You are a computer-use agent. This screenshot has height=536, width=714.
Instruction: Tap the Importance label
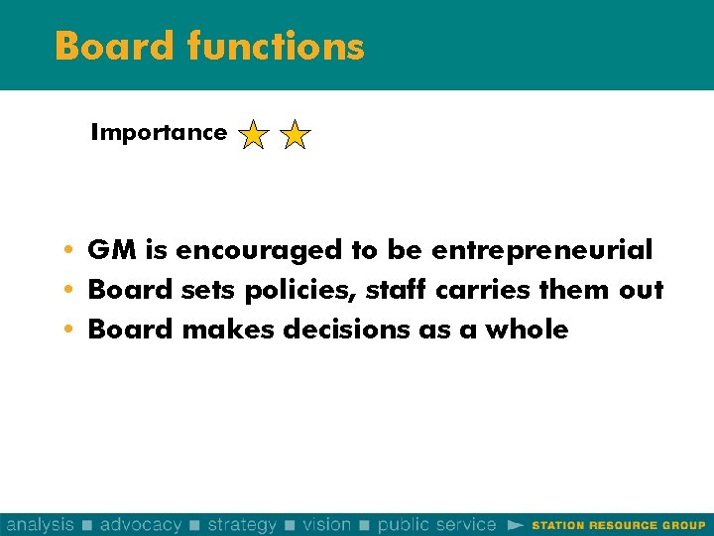[x=159, y=132]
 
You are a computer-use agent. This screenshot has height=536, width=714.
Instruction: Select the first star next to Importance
[x=254, y=134]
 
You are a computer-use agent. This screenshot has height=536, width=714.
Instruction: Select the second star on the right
[x=296, y=134]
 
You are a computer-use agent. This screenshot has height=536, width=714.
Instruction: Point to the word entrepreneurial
[x=541, y=250]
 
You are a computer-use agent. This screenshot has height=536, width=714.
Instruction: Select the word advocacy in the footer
[x=141, y=524]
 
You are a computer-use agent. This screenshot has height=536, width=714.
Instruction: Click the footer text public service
[x=436, y=524]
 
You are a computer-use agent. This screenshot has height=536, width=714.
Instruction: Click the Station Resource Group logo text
[x=618, y=525]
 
